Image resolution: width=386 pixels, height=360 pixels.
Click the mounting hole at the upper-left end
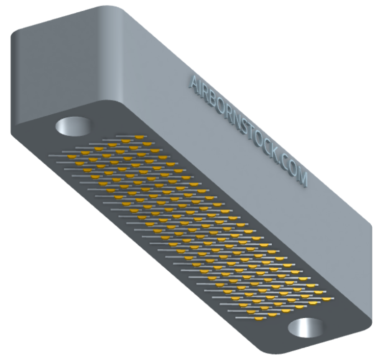[x=73, y=126]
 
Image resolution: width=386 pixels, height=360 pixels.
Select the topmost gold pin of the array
[x=139, y=137]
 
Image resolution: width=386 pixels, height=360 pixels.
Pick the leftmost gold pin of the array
[x=72, y=157]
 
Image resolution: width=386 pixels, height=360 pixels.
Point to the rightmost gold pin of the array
[x=327, y=299]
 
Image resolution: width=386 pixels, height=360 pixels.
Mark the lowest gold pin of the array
[x=259, y=319]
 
